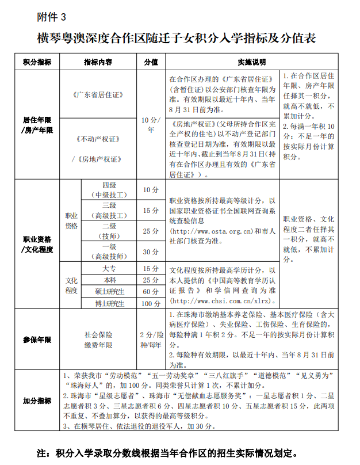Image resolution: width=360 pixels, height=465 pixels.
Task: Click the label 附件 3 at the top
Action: pos(51,17)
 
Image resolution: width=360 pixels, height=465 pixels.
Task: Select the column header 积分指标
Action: pos(37,62)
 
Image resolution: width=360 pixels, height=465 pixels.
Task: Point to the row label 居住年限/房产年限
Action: pos(37,125)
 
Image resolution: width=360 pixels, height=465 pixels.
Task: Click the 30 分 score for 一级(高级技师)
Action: pos(151,251)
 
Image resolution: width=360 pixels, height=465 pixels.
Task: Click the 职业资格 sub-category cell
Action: pos(71,220)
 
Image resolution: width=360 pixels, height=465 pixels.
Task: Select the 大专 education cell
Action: pos(109,269)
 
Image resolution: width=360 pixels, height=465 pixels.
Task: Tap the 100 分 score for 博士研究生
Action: pos(151,303)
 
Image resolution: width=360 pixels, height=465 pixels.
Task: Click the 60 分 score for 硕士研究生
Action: pos(151,292)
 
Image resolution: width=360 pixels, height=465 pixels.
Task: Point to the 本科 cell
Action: pos(109,280)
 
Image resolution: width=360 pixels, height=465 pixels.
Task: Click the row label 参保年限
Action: pos(37,340)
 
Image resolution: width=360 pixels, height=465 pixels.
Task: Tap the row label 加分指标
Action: pos(37,401)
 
